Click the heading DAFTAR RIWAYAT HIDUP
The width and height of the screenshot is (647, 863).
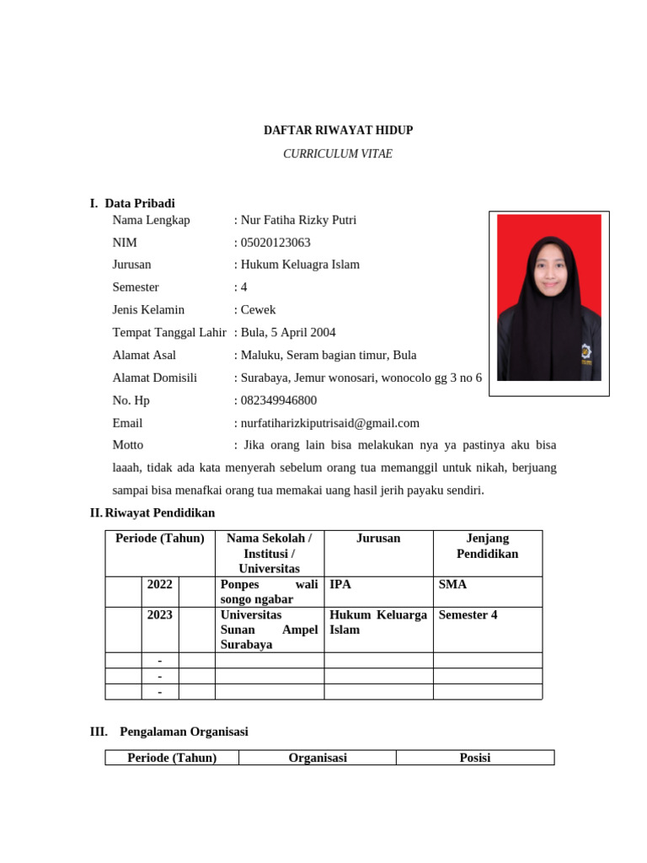click(x=338, y=131)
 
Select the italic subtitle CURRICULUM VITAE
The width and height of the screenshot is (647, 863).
click(x=338, y=154)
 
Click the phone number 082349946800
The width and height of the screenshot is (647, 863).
click(x=279, y=400)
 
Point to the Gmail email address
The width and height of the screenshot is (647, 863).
click(x=329, y=423)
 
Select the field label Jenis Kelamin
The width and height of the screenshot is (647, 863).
click(x=148, y=310)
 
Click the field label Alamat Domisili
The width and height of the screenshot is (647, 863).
click(x=154, y=378)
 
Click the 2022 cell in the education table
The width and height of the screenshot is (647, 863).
click(x=159, y=584)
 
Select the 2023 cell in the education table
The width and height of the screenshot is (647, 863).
click(x=159, y=615)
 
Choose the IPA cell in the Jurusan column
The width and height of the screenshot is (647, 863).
click(x=340, y=584)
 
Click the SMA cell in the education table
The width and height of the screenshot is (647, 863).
click(x=452, y=584)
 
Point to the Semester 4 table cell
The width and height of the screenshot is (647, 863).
click(x=468, y=615)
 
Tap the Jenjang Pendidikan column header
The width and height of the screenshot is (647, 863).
click(x=487, y=546)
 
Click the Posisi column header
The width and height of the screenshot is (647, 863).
click(x=475, y=758)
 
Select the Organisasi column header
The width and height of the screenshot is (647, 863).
click(x=318, y=758)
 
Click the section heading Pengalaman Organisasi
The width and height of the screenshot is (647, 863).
click(x=184, y=732)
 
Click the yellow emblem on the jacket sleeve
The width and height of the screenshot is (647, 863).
click(x=585, y=351)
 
